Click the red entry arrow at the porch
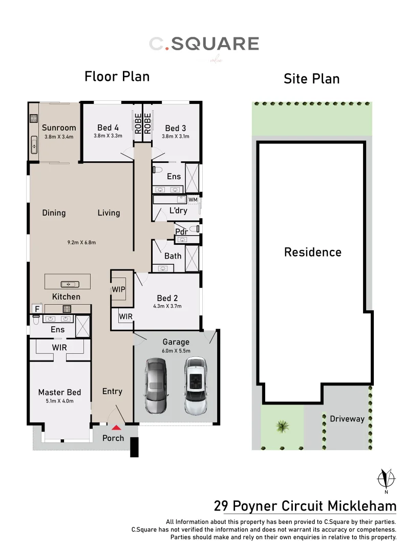pos(117,427)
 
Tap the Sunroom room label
pos(59,128)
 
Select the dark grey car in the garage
pos(156,386)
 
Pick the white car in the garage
pos(195,386)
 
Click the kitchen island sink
pos(68,284)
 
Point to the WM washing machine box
pos(193,199)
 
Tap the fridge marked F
pos(37,309)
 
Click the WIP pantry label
pos(118,289)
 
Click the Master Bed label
pos(59,392)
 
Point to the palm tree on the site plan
pos(281,426)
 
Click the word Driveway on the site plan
pos(347,419)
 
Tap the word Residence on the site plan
pos(312,252)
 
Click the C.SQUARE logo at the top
pos(204,44)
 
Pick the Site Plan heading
pos(311,79)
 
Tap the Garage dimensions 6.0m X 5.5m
pos(176,351)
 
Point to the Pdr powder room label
pos(182,232)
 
